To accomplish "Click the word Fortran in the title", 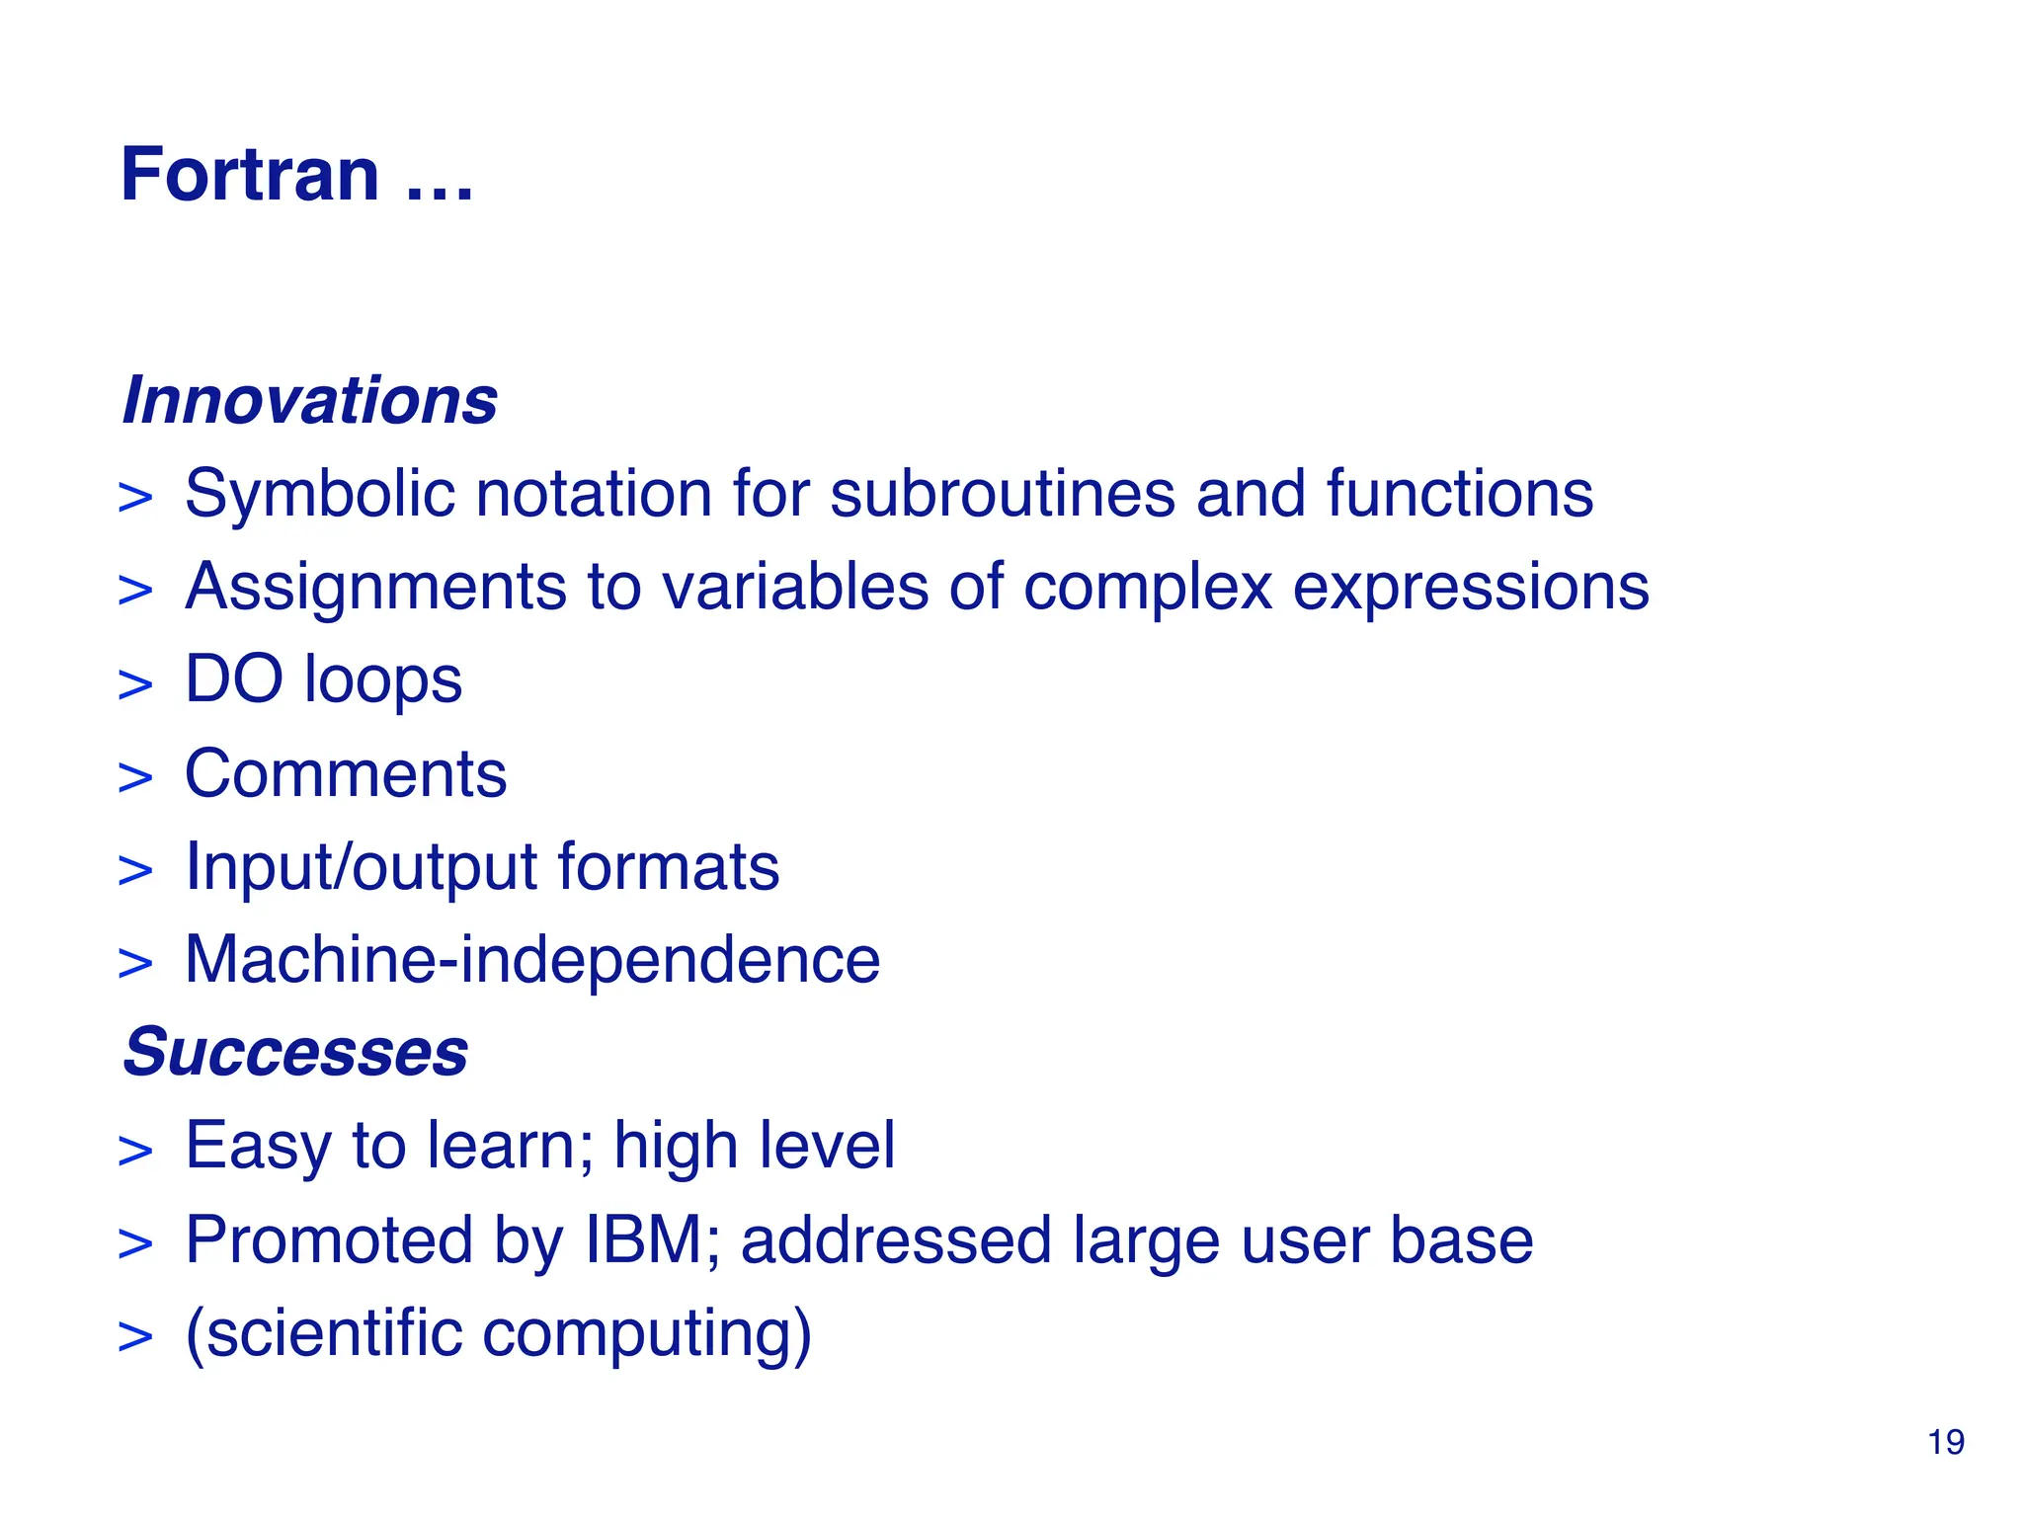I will tap(249, 175).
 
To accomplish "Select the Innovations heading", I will tap(309, 401).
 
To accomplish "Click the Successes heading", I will tap(295, 1052).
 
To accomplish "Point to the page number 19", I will tap(1945, 1443).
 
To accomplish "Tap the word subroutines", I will tap(1003, 494).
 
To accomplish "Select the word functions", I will tap(1459, 494).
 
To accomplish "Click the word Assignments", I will tap(376, 588).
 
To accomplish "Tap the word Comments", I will tap(346, 773).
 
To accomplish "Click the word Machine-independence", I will tap(532, 960).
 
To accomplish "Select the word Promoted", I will tap(329, 1239).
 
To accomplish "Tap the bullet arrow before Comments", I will tap(135, 778).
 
